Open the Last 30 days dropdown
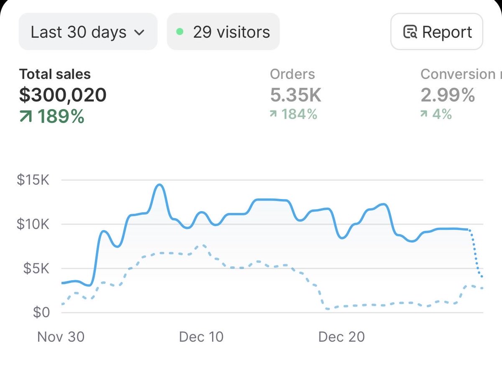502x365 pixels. click(x=88, y=32)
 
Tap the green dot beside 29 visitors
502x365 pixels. click(x=180, y=32)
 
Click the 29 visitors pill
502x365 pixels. click(x=223, y=32)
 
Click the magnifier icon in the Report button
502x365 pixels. click(x=410, y=32)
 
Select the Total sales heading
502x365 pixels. click(x=55, y=74)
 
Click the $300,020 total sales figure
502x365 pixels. click(x=63, y=95)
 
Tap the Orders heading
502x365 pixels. click(x=292, y=74)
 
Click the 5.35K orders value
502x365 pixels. click(x=296, y=95)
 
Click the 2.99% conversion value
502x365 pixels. click(x=448, y=95)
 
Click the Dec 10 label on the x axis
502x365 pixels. click(x=201, y=337)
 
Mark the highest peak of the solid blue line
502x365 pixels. click(x=159, y=184)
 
